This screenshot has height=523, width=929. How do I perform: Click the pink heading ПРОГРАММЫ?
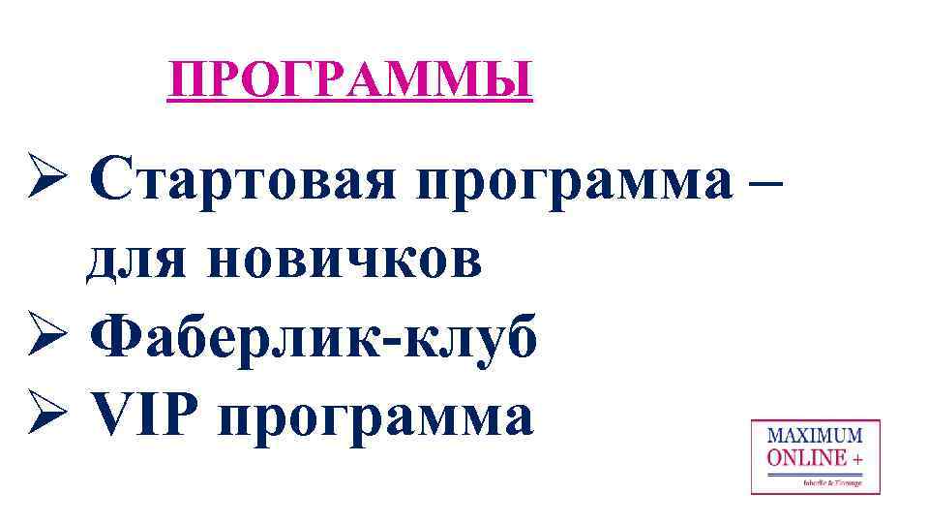[349, 78]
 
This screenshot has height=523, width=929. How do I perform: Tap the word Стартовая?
[246, 181]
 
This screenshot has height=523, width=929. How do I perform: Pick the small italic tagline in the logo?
[831, 480]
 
